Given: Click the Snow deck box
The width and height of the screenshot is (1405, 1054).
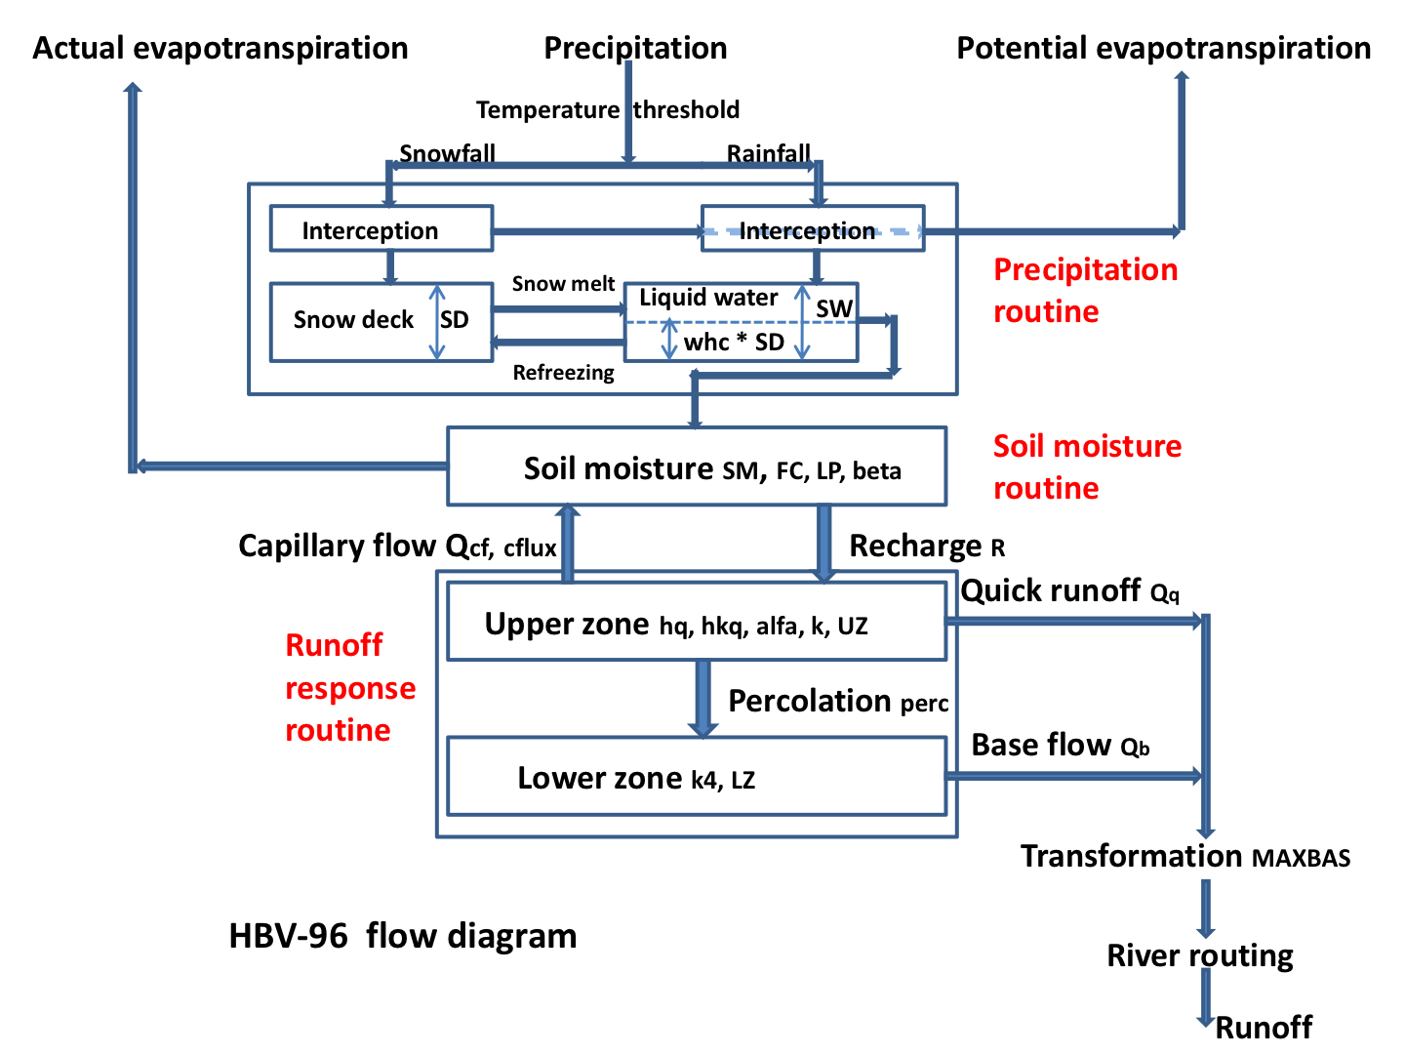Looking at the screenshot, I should [353, 321].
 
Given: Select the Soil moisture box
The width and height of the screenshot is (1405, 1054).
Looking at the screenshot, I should [696, 466].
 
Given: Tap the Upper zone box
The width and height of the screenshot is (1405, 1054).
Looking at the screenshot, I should [696, 622].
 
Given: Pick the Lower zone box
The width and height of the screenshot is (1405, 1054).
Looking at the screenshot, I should [696, 777].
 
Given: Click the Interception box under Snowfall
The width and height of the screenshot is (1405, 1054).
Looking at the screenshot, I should [381, 229].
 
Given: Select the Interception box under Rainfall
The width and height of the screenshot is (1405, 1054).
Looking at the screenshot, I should [812, 229].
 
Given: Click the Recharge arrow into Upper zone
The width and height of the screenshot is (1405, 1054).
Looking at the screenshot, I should [823, 544].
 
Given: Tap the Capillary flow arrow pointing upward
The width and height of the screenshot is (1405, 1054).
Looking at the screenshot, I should [568, 544].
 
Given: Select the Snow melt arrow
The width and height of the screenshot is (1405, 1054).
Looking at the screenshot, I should [558, 308].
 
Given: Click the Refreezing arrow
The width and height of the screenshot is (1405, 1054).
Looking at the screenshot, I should [558, 342].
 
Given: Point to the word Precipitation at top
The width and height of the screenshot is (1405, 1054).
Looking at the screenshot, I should [635, 48].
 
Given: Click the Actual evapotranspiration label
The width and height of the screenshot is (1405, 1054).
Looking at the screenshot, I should [221, 48].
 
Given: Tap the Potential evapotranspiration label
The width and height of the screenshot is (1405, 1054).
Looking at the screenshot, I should [1163, 48].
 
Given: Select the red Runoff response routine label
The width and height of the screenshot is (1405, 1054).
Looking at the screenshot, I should [349, 687].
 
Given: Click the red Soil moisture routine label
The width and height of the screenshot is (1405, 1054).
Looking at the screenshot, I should [1086, 466].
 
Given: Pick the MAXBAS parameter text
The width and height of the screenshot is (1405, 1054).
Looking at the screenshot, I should [1301, 859].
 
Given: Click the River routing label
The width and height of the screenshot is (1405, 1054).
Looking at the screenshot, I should [1199, 955].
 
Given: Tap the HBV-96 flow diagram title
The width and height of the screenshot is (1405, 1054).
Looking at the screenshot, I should [402, 936].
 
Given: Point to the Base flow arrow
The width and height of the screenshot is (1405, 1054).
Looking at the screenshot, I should [1073, 776].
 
